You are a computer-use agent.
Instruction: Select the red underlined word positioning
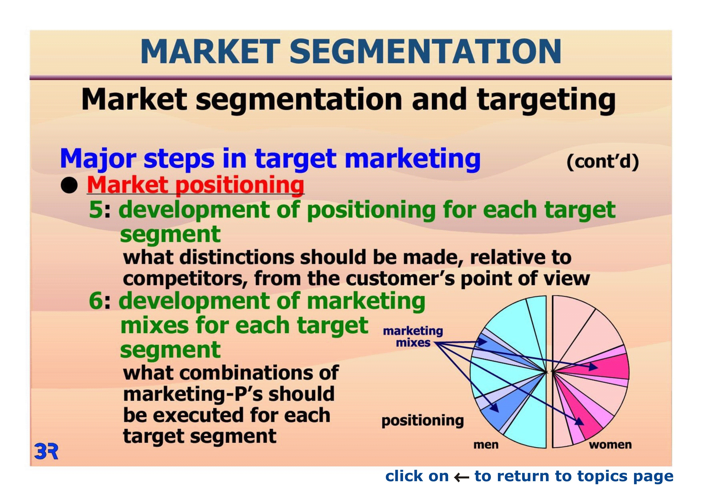tap(240, 186)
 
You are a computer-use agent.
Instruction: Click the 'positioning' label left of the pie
tap(423, 421)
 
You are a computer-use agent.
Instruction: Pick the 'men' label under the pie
tap(486, 445)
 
